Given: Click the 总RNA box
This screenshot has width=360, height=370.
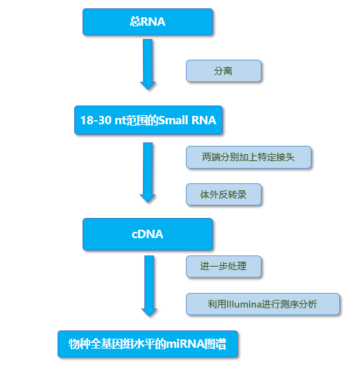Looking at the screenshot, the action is (x=148, y=22).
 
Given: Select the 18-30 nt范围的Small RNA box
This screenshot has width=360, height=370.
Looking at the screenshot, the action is (x=148, y=120).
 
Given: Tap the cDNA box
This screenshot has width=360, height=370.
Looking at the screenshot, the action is (x=148, y=234).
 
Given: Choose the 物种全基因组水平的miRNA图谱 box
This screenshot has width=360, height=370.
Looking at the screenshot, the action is (x=148, y=344).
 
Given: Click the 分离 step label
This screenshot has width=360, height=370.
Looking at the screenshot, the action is (x=223, y=71).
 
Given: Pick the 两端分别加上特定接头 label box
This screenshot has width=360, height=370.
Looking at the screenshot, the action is (x=248, y=157).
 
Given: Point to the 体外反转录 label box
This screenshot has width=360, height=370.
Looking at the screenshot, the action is (x=223, y=194).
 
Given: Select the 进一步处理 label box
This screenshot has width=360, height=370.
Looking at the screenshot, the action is (x=223, y=267).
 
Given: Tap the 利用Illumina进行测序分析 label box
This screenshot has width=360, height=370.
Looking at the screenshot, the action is (x=263, y=304).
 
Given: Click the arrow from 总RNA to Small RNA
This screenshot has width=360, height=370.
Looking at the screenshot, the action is (x=148, y=64).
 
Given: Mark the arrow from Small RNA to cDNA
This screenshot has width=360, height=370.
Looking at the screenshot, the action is (x=148, y=172).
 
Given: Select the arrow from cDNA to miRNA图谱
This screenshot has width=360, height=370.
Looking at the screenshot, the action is (x=149, y=286).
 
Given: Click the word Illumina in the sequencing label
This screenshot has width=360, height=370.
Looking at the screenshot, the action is (x=243, y=304).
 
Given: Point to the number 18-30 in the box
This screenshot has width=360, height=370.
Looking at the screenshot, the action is (x=96, y=120).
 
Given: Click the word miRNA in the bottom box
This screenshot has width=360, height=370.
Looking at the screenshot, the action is (x=185, y=344).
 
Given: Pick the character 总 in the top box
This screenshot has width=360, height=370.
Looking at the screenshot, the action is (x=135, y=22).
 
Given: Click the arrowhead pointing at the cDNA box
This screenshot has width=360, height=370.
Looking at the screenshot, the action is (x=148, y=199).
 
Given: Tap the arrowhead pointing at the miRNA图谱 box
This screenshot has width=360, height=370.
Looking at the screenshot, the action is (x=149, y=312).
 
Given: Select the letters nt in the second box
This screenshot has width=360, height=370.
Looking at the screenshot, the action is (x=120, y=120).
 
